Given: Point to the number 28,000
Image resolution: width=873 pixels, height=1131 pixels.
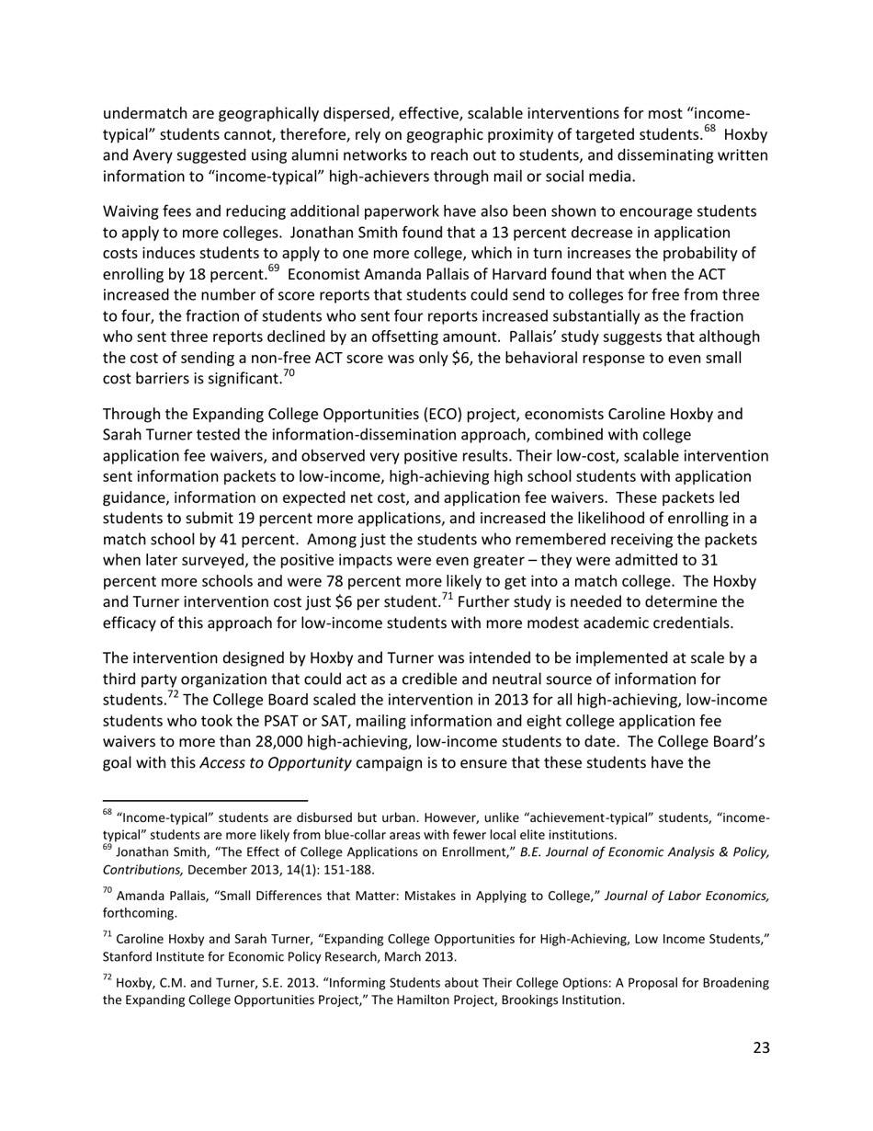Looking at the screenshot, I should point(259,741).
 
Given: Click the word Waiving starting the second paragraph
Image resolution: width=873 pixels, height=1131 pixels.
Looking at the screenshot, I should point(130,211).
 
